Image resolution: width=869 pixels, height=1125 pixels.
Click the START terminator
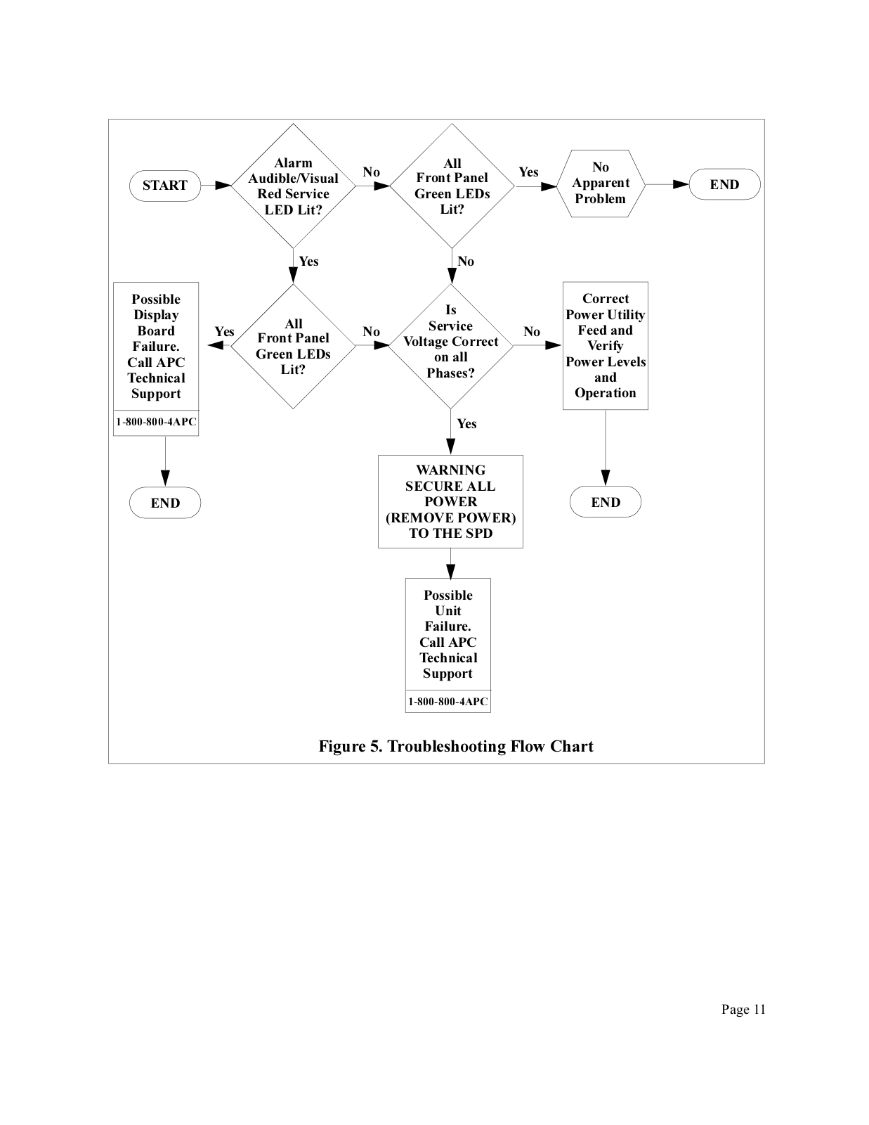click(x=165, y=186)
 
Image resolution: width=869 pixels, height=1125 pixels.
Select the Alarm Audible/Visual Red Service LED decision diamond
click(x=293, y=186)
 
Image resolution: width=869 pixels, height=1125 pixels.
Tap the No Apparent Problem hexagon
click(x=601, y=184)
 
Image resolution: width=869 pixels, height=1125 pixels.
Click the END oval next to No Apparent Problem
click(x=724, y=184)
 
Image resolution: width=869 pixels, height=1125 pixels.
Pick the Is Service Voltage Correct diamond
click(x=450, y=346)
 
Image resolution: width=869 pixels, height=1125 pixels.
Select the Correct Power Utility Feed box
click(x=605, y=346)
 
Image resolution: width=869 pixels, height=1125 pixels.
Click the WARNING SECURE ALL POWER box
click(x=450, y=501)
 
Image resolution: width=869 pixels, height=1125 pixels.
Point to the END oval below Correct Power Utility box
click(x=605, y=501)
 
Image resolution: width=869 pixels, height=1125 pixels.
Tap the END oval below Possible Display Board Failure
click(x=165, y=503)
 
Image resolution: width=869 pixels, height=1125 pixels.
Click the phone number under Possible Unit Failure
click(x=448, y=702)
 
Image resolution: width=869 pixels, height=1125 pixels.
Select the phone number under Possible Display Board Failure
click(x=156, y=422)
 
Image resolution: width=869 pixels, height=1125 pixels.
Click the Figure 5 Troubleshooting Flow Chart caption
click(x=456, y=746)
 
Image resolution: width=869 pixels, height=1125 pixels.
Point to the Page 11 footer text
click(x=743, y=1009)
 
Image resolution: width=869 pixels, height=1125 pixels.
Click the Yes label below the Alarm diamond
click(x=309, y=262)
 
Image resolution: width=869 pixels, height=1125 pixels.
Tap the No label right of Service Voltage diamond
click(x=532, y=331)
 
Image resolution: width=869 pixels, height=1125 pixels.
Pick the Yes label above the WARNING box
click(x=466, y=424)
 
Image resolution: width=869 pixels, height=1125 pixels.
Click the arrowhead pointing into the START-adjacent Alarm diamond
click(x=223, y=186)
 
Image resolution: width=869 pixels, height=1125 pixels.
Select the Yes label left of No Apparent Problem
click(x=529, y=172)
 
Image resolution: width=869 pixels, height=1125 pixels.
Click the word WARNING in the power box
click(x=450, y=470)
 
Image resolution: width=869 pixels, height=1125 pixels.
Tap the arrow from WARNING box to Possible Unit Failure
click(x=450, y=563)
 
